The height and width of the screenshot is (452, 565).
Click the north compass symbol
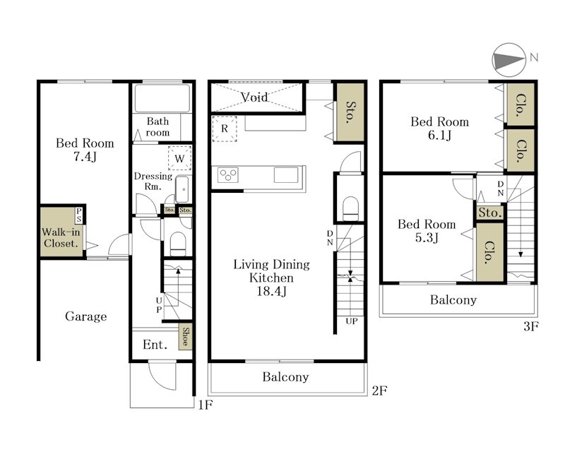(x=509, y=60)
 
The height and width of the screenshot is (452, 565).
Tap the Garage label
(x=85, y=316)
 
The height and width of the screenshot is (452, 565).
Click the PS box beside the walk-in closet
(x=79, y=215)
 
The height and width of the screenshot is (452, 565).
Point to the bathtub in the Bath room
(x=162, y=98)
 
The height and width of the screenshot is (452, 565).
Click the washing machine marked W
(x=179, y=158)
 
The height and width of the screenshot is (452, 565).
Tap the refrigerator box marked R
(x=225, y=129)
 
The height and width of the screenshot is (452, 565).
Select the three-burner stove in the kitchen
(x=228, y=175)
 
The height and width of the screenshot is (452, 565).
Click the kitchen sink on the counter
(x=286, y=175)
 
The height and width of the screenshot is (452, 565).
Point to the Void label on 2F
(x=254, y=97)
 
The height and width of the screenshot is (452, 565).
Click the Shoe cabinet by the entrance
(x=185, y=337)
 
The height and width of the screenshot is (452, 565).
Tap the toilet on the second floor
(x=350, y=208)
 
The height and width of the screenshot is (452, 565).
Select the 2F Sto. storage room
(x=350, y=112)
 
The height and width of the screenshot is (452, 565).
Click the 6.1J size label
(x=439, y=135)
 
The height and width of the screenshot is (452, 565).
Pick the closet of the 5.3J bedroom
(x=489, y=252)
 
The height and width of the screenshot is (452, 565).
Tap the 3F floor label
(x=531, y=326)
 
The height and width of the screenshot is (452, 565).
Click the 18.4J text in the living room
(x=272, y=291)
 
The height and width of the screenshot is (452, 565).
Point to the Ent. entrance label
(x=155, y=345)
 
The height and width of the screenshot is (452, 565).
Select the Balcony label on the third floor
(x=453, y=300)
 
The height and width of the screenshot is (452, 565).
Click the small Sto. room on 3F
(x=490, y=213)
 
